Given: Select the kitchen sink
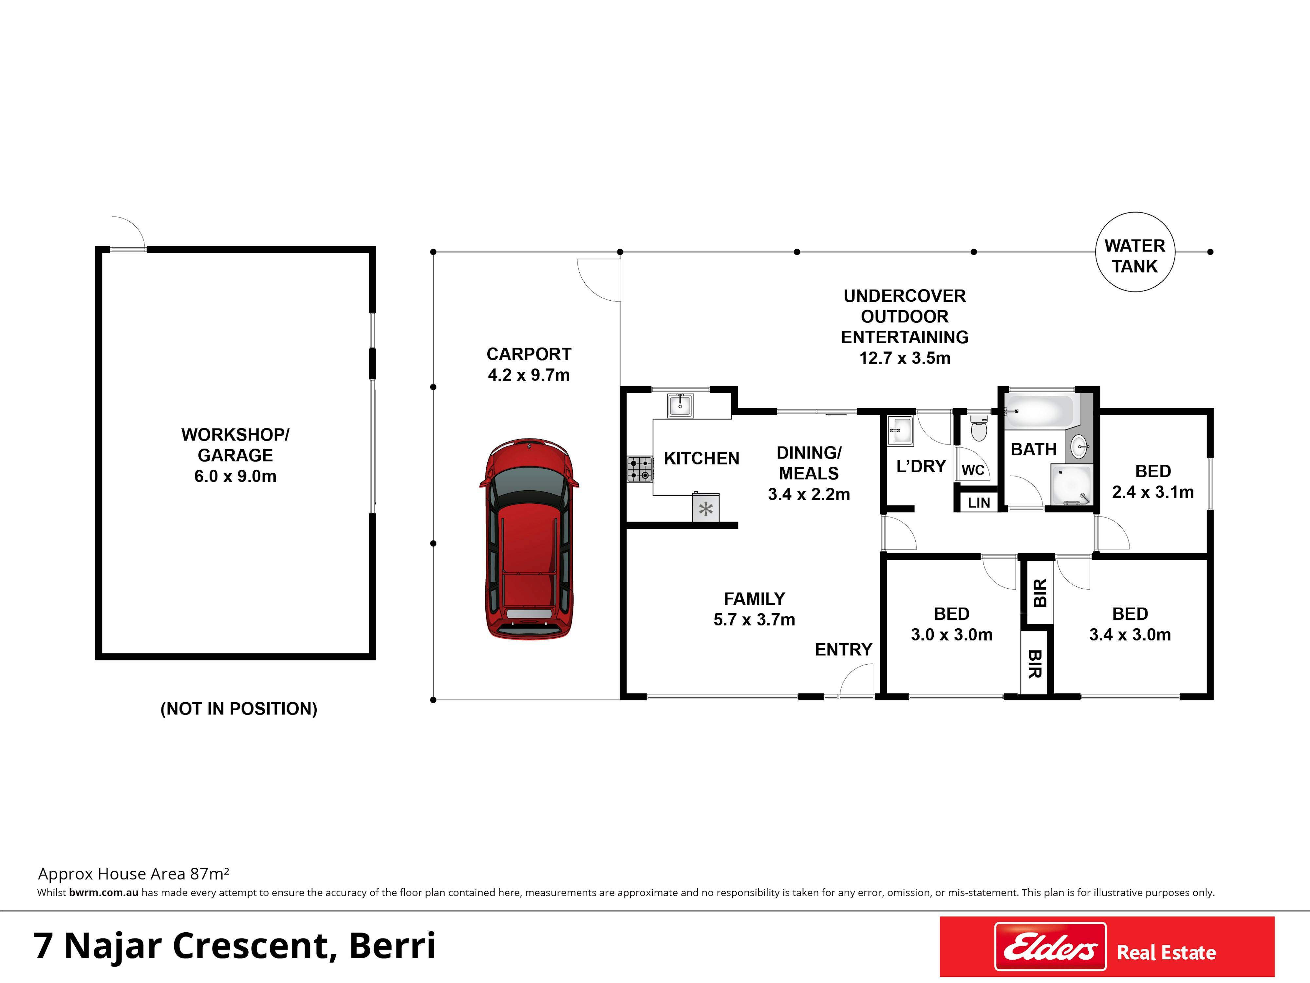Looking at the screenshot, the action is click(x=681, y=406).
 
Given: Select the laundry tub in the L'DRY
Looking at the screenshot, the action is click(x=901, y=430).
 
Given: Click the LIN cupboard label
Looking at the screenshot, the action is click(x=979, y=503).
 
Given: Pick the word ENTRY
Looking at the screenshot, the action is click(x=843, y=650).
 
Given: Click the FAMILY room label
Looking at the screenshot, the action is click(x=755, y=599).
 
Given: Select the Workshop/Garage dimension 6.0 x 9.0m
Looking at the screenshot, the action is click(x=235, y=476).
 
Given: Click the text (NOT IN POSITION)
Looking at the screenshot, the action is click(x=239, y=709).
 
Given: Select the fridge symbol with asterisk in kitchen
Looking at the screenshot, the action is click(x=706, y=508).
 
